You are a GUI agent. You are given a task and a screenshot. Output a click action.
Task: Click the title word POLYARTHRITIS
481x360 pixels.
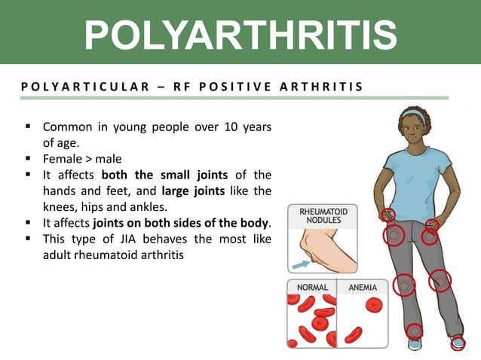240,35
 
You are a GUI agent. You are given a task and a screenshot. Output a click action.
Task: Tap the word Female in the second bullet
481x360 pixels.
63,158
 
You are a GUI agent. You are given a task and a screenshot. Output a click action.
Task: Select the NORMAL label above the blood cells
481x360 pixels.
311,288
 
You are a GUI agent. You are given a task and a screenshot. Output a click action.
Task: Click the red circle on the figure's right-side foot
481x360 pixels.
458,343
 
